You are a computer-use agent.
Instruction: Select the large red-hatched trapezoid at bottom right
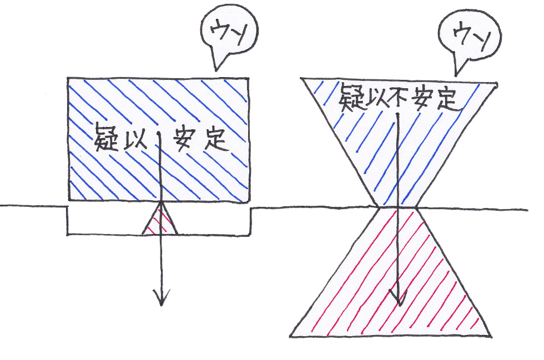(394, 283)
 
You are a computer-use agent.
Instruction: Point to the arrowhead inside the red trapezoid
(396, 300)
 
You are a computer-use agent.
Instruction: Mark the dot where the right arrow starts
(397, 115)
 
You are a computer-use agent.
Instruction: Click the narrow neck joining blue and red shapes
(396, 208)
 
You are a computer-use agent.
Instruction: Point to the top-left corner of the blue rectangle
(68, 78)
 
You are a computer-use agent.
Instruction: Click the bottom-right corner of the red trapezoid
(491, 335)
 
